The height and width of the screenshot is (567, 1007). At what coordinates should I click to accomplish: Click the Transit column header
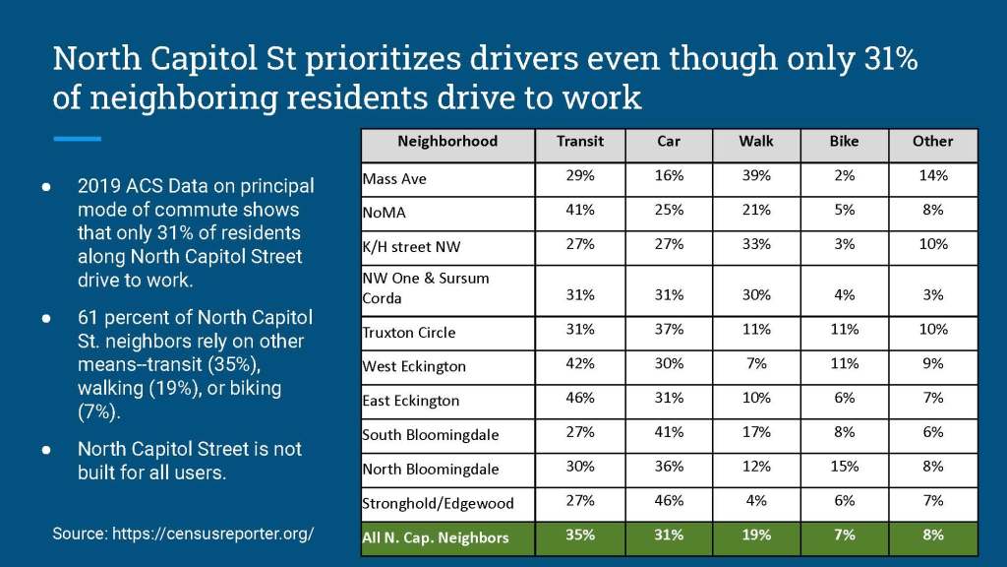point(579,142)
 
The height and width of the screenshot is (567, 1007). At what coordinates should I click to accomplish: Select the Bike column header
point(844,142)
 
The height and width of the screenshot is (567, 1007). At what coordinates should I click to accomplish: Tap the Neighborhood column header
point(447,142)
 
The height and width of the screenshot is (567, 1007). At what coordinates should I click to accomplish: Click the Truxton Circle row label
point(409,333)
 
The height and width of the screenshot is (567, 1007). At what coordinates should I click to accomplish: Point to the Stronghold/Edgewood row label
point(439,503)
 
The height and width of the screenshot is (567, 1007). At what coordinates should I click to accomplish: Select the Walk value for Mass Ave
point(756,176)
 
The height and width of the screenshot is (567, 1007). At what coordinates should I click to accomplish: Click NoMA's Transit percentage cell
point(579,211)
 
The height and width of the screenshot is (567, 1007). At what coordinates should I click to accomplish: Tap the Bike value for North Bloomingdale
point(844,467)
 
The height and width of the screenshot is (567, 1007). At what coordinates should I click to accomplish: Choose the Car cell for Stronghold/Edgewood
point(669,501)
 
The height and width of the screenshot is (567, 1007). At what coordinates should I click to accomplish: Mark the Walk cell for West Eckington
point(756,364)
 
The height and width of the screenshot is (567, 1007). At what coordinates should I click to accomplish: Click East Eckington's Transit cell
point(579,398)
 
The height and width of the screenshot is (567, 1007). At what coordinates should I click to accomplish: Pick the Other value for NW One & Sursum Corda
point(933,295)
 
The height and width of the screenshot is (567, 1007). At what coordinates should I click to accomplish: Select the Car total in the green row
point(669,535)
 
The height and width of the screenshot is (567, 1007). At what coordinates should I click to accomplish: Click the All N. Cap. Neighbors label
point(436,537)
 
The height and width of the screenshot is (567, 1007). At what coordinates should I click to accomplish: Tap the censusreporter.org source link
point(213,534)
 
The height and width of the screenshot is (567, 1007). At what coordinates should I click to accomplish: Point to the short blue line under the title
point(77,139)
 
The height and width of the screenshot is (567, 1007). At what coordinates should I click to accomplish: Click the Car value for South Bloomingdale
point(669,432)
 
